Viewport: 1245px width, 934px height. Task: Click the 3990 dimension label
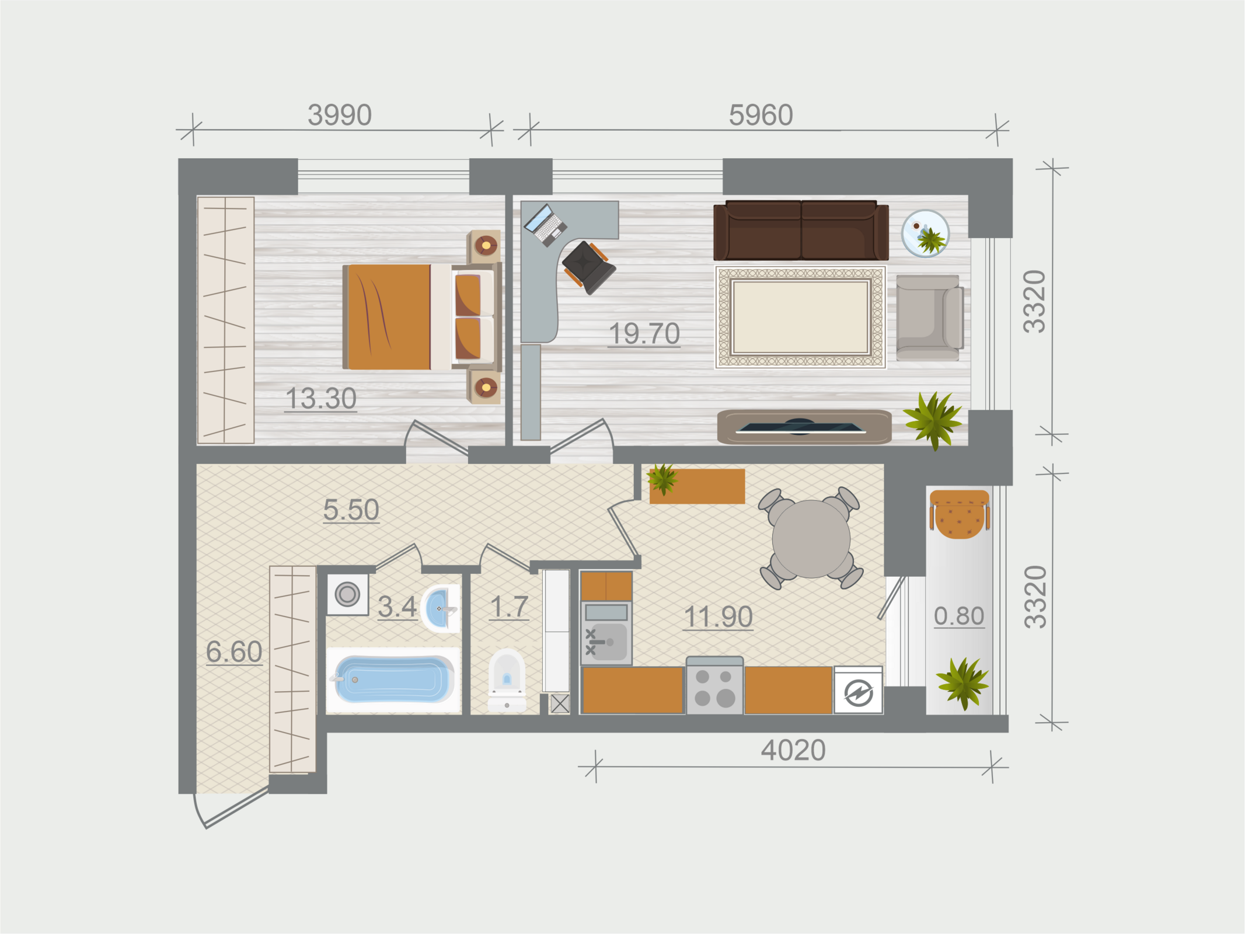(x=340, y=115)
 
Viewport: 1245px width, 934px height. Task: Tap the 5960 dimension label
(x=761, y=115)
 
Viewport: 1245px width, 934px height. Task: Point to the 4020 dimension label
(x=793, y=750)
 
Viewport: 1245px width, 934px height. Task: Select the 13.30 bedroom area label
(x=321, y=399)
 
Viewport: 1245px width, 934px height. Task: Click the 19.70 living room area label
(x=644, y=334)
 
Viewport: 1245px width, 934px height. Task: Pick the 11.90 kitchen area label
(x=718, y=617)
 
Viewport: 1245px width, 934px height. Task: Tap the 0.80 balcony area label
(x=959, y=616)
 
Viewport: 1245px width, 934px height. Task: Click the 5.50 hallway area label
(x=351, y=510)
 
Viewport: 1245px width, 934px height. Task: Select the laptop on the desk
(x=545, y=225)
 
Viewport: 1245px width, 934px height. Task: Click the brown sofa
(x=801, y=231)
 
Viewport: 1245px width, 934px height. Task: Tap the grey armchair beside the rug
(x=929, y=318)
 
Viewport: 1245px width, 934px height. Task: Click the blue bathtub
(x=394, y=679)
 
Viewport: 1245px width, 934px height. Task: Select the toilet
(x=507, y=680)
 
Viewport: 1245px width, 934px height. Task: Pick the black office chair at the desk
(x=588, y=267)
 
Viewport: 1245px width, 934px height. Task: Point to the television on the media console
(x=800, y=427)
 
